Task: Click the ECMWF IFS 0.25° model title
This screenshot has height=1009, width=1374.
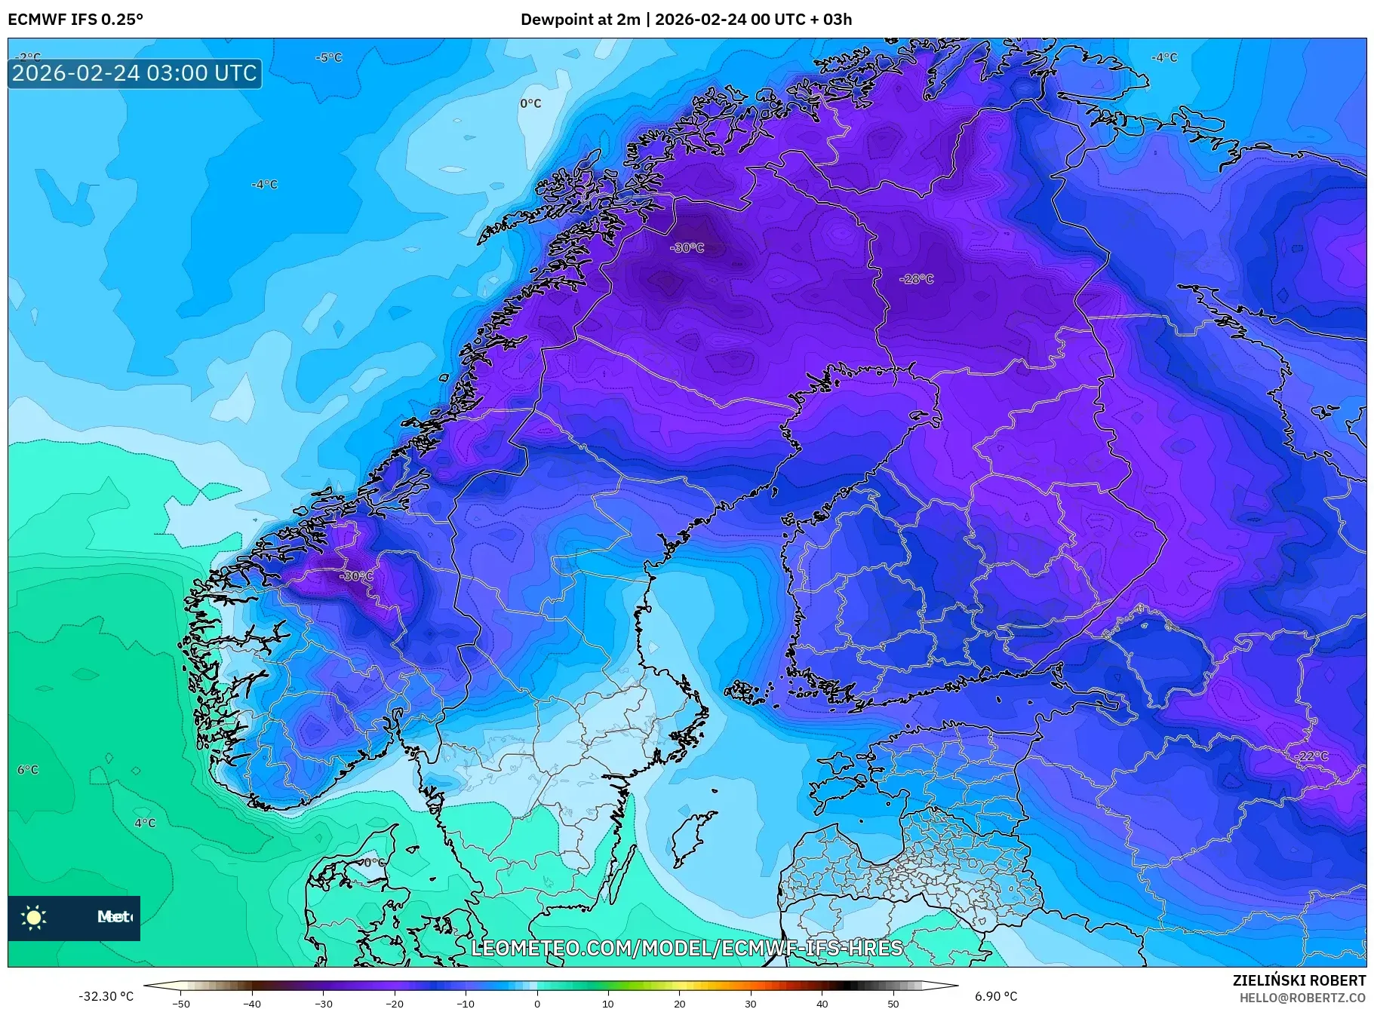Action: click(x=75, y=20)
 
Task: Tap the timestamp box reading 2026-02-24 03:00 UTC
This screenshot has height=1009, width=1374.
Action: click(x=134, y=73)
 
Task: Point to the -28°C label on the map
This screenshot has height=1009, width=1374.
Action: click(x=916, y=279)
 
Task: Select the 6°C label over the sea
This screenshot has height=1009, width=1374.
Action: click(x=28, y=770)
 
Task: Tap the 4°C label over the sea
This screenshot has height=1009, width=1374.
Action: click(x=145, y=823)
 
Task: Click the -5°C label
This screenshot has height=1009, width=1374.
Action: click(x=328, y=57)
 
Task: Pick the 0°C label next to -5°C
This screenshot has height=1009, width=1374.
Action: click(x=530, y=103)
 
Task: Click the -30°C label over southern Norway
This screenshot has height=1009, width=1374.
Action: click(x=356, y=576)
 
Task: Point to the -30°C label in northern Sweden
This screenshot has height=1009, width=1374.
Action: click(x=687, y=247)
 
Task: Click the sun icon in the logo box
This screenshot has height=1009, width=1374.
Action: click(x=34, y=917)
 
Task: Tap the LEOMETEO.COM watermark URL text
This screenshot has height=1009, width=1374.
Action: click(x=687, y=948)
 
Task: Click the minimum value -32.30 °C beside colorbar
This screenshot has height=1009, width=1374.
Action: click(x=106, y=996)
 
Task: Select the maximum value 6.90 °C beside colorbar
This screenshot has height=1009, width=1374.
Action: click(x=996, y=996)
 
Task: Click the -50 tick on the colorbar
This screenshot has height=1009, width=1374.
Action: click(x=181, y=1004)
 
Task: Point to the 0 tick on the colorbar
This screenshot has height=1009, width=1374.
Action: click(x=537, y=1004)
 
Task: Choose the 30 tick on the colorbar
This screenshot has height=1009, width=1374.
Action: click(x=751, y=1004)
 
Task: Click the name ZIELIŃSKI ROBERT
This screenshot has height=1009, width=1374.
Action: click(x=1299, y=980)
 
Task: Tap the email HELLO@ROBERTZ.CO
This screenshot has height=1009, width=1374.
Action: click(x=1303, y=998)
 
